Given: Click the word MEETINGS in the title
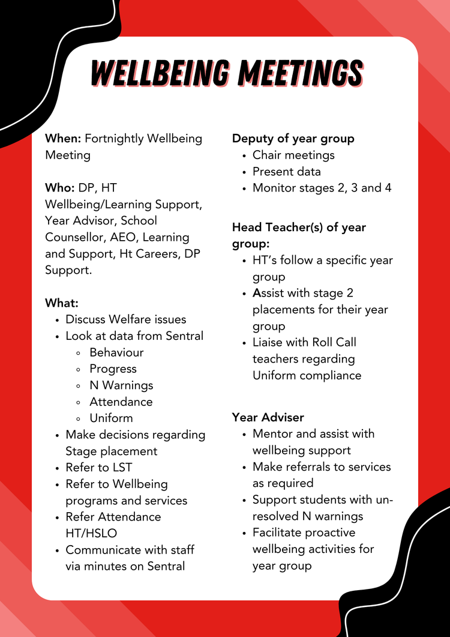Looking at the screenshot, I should [x=300, y=74].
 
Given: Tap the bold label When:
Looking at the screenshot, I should [x=63, y=139].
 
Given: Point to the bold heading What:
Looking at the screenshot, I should [x=62, y=303].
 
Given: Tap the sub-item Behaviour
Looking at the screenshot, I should [x=116, y=352].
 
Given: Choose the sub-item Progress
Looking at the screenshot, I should [x=113, y=369].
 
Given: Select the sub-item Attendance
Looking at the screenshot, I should [x=121, y=402].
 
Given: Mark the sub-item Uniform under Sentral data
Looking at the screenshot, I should [x=111, y=418].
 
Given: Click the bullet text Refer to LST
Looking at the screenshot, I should [x=99, y=467].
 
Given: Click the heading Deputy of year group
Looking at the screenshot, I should [x=293, y=139].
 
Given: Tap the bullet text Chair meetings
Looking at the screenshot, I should [x=293, y=155].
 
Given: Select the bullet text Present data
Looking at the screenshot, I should [x=287, y=172].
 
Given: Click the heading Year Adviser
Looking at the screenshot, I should [x=268, y=417].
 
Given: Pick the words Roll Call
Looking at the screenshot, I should [x=334, y=343].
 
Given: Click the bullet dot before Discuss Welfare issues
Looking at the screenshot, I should [x=56, y=320].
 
